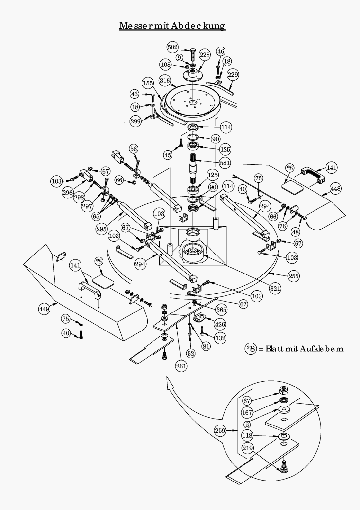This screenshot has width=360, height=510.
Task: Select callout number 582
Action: tap(172, 47)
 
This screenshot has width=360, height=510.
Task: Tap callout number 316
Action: tap(165, 81)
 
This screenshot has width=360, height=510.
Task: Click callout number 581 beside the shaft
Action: tap(225, 163)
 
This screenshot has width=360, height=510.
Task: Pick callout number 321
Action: tap(275, 289)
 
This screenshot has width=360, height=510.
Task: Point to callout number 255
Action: tap(294, 276)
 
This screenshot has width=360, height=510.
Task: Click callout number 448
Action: tap(335, 189)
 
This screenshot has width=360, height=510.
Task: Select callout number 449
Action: tap(44, 309)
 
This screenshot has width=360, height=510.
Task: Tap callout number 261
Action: tap(181, 366)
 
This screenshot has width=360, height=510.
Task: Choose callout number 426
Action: tap(220, 324)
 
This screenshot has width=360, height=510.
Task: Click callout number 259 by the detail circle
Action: tap(220, 430)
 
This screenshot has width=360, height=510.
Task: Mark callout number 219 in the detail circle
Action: tap(247, 448)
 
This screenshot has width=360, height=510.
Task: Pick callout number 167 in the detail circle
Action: tap(247, 413)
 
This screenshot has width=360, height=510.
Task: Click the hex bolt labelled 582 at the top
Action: tap(193, 54)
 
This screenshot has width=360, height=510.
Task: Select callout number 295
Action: tap(101, 229)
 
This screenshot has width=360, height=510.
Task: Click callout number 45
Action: tap(168, 155)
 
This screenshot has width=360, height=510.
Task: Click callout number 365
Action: tap(222, 310)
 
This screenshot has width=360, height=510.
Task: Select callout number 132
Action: tap(220, 338)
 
